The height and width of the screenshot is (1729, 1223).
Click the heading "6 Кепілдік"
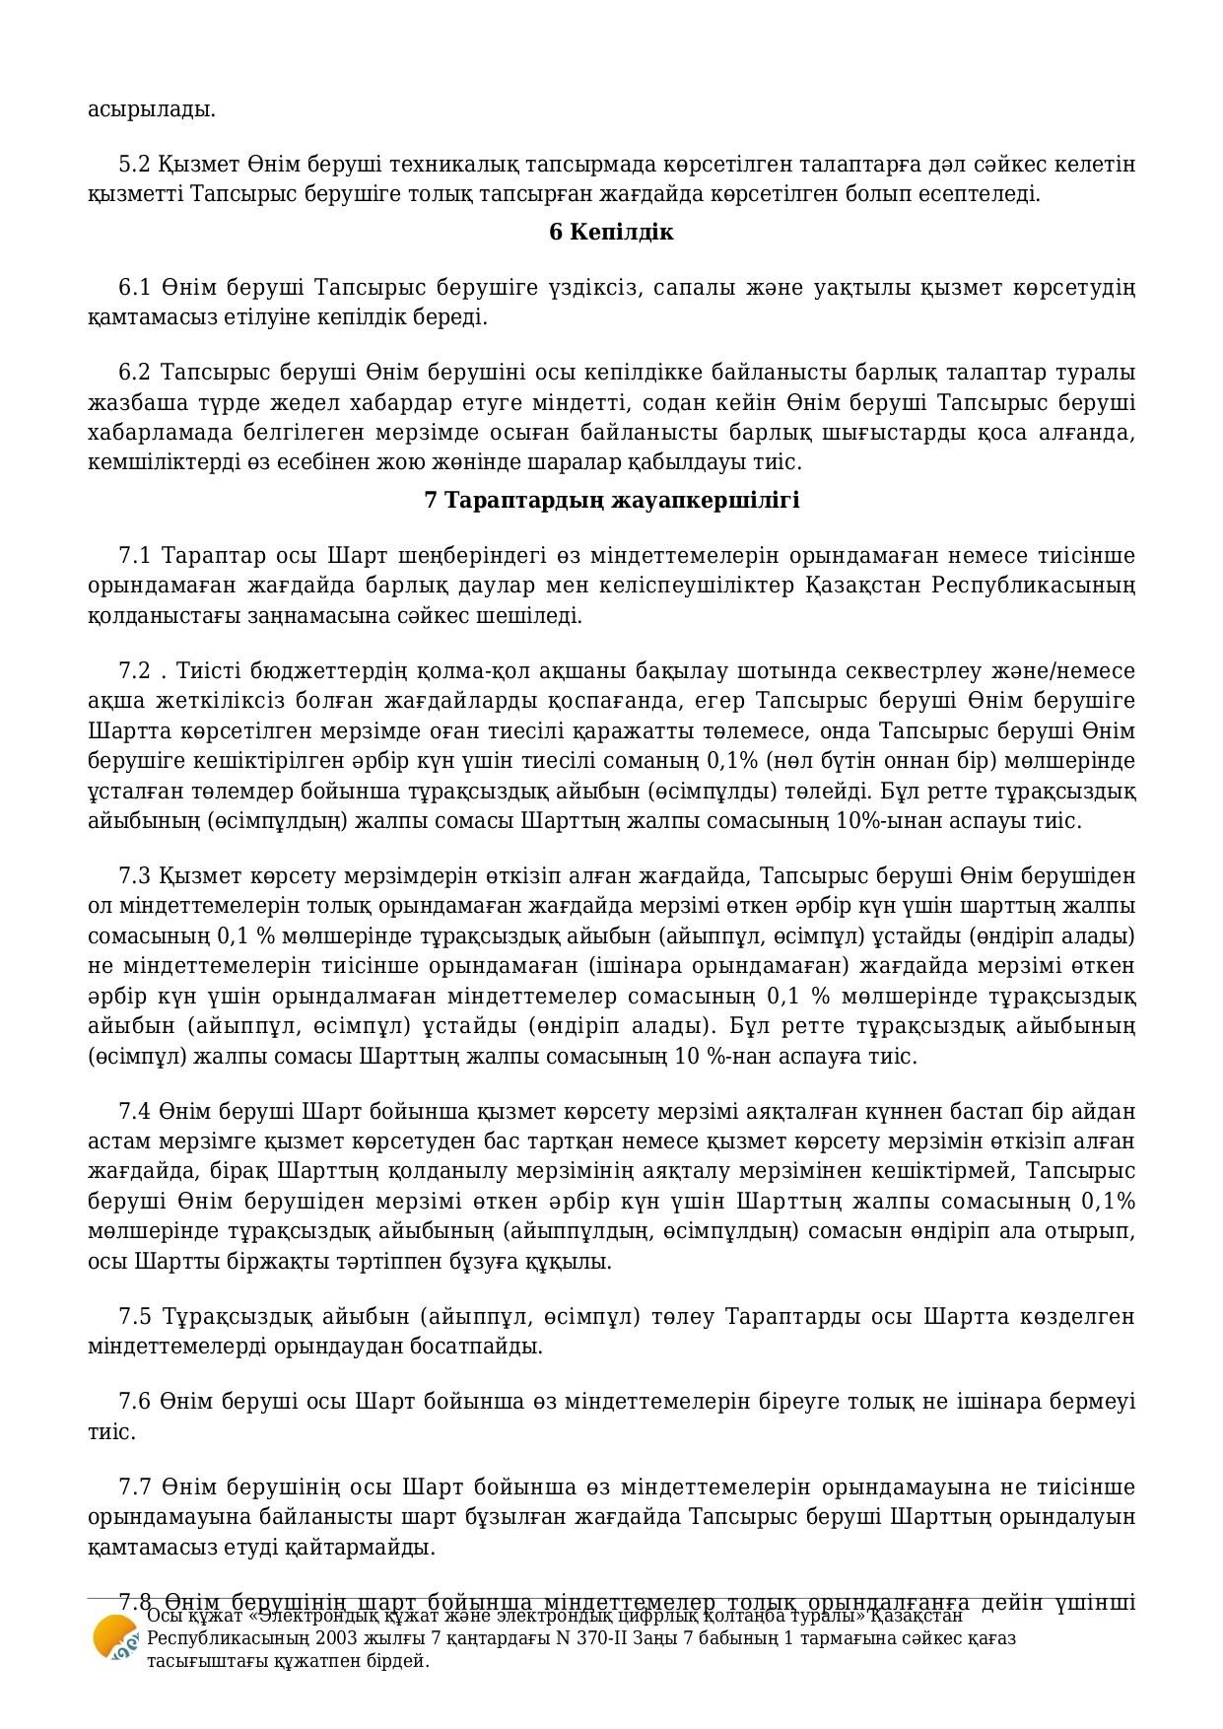611,233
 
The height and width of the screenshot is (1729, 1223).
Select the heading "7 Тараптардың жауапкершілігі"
611,501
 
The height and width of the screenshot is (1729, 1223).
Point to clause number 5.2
134,164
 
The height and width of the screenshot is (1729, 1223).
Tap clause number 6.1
134,288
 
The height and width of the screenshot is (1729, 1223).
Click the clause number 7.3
134,876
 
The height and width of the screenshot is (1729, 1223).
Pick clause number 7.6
134,1402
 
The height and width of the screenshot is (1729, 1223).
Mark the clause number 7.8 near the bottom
134,1602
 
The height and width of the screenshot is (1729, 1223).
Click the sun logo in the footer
114,1638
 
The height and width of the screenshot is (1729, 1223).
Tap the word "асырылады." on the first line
152,109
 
